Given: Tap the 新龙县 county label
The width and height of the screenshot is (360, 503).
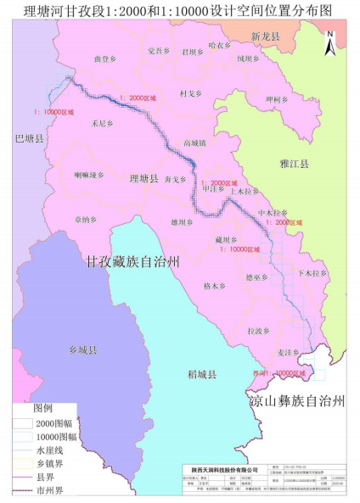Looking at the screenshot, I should tap(265, 37).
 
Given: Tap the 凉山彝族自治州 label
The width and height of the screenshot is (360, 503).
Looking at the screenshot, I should tap(298, 398).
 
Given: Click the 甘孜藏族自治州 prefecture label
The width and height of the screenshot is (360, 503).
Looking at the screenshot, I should tap(132, 261).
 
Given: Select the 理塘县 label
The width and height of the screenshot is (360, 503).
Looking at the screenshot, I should tap(143, 180).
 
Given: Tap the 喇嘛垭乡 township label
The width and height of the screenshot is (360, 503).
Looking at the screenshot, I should tap(88, 175).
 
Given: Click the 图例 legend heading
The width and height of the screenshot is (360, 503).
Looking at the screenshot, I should tap(43, 407).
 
